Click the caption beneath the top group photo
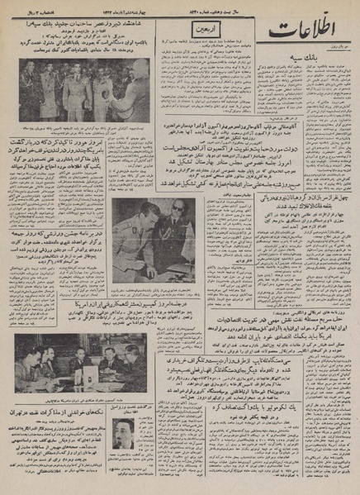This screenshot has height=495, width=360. (84, 133)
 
